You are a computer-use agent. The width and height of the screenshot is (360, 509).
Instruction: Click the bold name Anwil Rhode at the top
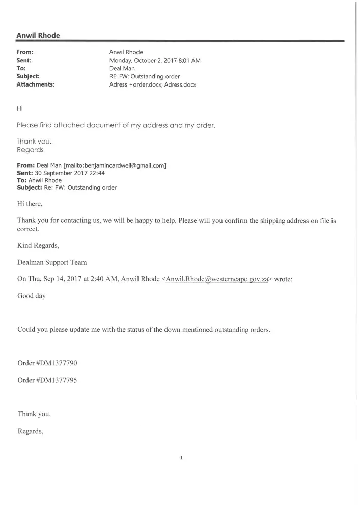[x=38, y=35]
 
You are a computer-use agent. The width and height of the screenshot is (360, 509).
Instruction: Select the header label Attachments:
[x=36, y=84]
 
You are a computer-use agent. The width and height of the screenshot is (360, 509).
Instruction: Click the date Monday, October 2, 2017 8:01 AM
[x=155, y=60]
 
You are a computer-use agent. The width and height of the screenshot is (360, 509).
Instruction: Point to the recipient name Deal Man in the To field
[x=122, y=68]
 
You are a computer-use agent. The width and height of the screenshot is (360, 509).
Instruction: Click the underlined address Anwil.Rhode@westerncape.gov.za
[x=217, y=279]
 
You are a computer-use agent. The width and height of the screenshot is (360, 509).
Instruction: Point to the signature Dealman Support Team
[x=52, y=262]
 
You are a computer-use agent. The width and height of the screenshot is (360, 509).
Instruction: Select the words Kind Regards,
[x=38, y=246]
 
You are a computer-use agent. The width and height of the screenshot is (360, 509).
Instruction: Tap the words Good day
[x=32, y=296]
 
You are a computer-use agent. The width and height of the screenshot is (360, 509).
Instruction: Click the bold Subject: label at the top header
[x=28, y=76]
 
